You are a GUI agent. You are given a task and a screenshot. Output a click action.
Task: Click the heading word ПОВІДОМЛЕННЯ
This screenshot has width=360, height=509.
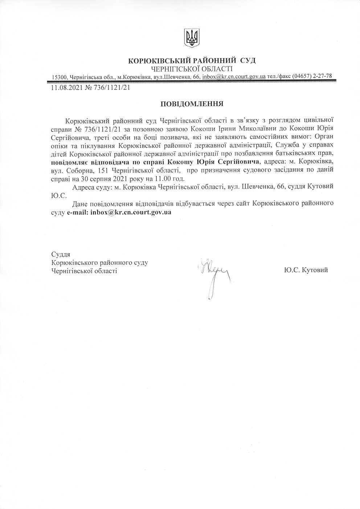pos(192,104)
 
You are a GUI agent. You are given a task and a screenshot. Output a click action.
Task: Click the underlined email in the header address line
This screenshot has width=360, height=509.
pos(234,77)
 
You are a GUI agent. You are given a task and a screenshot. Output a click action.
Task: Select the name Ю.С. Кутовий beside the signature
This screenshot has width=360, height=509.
pos(306,270)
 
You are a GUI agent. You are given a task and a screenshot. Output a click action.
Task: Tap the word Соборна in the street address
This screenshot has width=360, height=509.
pos(79,170)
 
